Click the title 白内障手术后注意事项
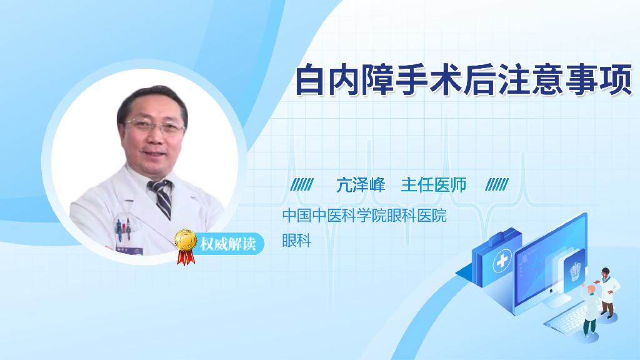click(x=464, y=79)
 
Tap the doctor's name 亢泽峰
click(x=361, y=185)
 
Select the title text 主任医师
click(x=434, y=185)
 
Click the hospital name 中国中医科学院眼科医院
click(x=364, y=216)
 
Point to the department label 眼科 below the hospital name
click(x=297, y=241)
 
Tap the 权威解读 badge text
click(x=227, y=244)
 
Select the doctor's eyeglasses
click(x=155, y=126)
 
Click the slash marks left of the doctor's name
click(x=302, y=184)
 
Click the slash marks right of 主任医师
click(x=497, y=184)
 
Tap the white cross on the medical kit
click(x=502, y=261)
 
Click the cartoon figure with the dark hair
click(x=607, y=292)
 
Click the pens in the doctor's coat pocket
click(x=123, y=229)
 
